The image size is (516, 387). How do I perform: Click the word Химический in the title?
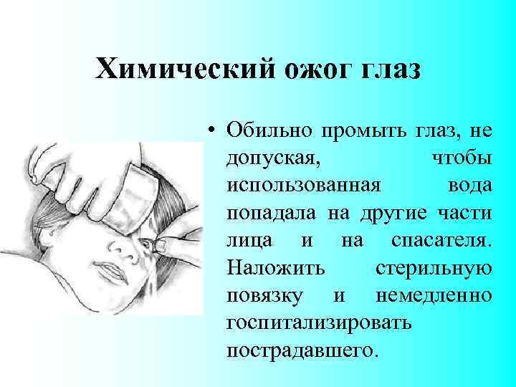pyautogui.click(x=183, y=70)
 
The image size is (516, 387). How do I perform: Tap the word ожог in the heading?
pyautogui.click(x=316, y=70)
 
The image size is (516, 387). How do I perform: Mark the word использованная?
pyautogui.click(x=302, y=185)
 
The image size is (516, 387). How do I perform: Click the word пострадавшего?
pyautogui.click(x=300, y=351)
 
